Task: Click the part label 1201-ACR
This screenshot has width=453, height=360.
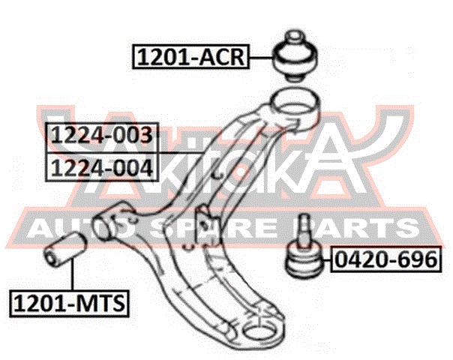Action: click(x=190, y=57)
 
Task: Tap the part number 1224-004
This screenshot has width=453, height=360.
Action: click(x=102, y=167)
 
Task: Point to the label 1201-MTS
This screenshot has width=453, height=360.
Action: click(x=69, y=303)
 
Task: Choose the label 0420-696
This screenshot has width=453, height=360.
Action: click(x=386, y=259)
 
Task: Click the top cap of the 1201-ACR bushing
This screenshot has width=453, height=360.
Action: click(x=295, y=37)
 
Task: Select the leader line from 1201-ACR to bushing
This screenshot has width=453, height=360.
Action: click(x=261, y=58)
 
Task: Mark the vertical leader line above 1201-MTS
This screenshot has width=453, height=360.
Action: click(x=72, y=274)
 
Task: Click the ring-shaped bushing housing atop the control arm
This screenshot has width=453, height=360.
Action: click(x=295, y=109)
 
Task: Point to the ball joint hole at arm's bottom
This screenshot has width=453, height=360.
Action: click(x=259, y=333)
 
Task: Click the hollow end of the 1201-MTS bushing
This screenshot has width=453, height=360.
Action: click(x=51, y=256)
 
